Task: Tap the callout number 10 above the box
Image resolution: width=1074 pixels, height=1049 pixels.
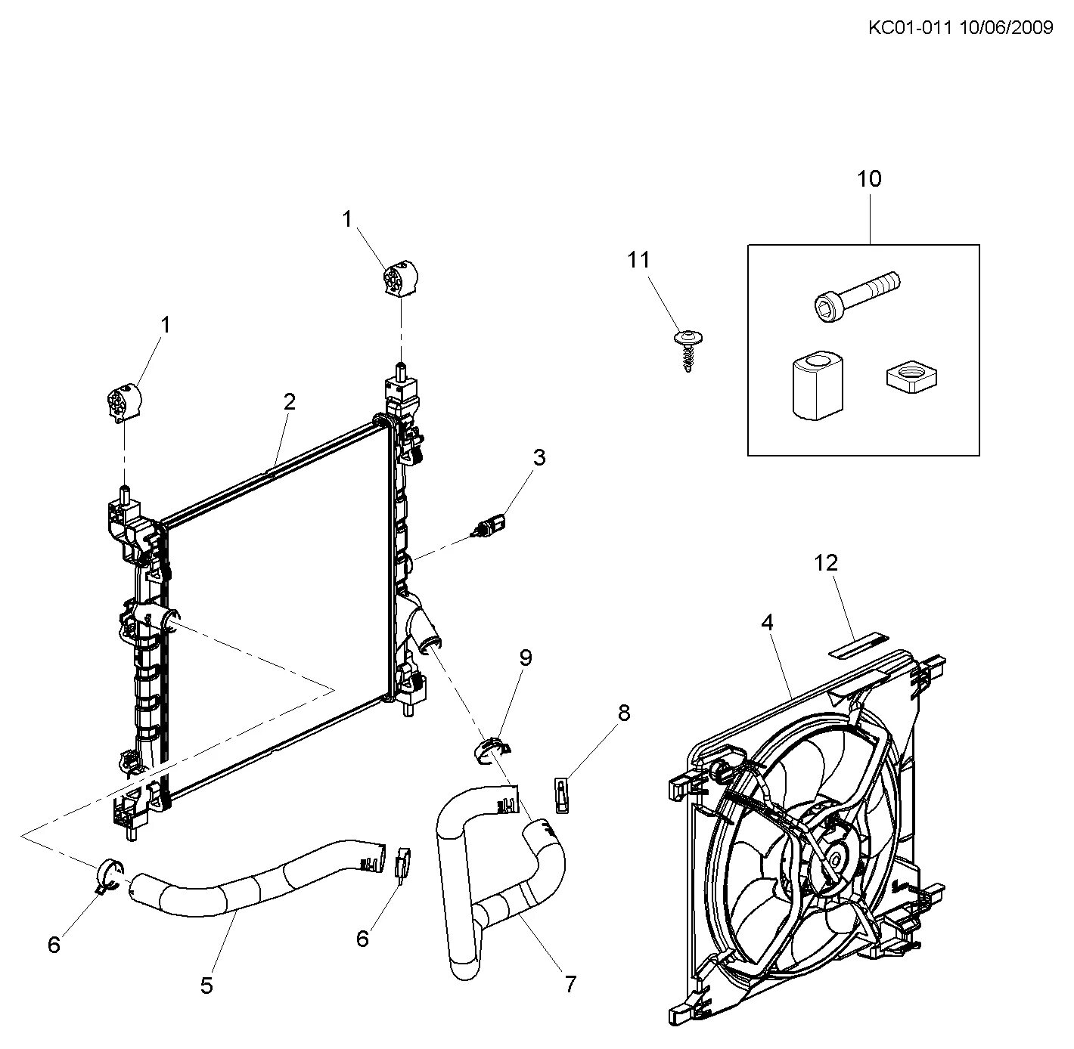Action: pyautogui.click(x=869, y=180)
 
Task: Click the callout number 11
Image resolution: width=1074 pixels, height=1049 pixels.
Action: pyautogui.click(x=638, y=260)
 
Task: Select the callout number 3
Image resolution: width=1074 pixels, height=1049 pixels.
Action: pyautogui.click(x=539, y=457)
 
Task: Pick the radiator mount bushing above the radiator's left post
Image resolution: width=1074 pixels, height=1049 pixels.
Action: pyautogui.click(x=123, y=401)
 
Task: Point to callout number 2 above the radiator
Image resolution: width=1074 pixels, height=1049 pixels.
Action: pyautogui.click(x=290, y=401)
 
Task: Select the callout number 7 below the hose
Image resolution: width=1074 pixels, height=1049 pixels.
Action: pyautogui.click(x=570, y=984)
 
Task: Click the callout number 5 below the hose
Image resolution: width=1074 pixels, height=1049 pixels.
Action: pyautogui.click(x=206, y=986)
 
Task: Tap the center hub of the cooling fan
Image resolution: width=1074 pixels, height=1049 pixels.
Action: pyautogui.click(x=837, y=859)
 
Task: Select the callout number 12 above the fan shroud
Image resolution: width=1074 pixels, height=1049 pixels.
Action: pyautogui.click(x=827, y=563)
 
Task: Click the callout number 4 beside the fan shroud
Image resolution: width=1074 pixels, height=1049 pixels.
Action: pyautogui.click(x=768, y=623)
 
